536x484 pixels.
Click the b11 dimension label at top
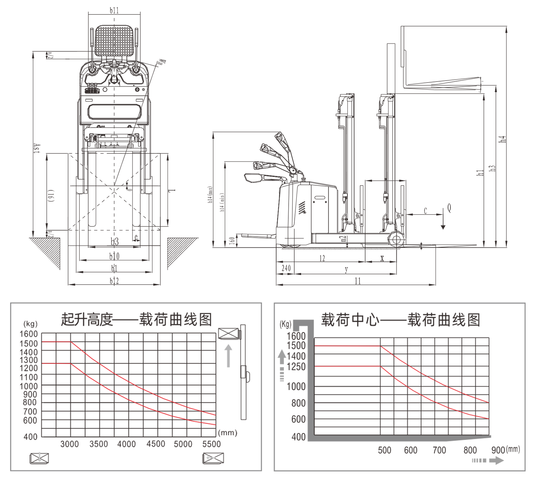114,10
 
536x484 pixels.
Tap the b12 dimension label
114,281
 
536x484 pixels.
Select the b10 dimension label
114,256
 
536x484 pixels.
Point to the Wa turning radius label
162,61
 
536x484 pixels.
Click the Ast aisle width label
37,149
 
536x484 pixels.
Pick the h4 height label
502,139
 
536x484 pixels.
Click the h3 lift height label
492,168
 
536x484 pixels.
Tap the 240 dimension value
286,268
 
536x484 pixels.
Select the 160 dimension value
232,241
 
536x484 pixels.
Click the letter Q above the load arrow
449,208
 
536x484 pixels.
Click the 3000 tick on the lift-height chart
69,444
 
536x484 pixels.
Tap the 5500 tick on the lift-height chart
211,444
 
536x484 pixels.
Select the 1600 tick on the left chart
29,334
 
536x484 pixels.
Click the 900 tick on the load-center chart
498,450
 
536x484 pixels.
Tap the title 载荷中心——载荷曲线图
400,320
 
